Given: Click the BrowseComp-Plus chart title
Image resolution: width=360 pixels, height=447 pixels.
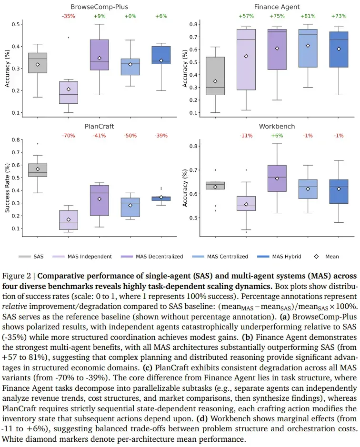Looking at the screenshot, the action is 99,7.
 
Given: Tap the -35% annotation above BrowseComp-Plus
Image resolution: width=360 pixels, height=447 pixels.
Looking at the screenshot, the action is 69,16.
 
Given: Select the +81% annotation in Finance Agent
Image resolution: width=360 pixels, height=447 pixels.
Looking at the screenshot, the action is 308,16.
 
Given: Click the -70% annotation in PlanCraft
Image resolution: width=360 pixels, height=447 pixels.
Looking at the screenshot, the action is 69,136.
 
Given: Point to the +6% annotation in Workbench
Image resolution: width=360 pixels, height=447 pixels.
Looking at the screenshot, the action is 277,136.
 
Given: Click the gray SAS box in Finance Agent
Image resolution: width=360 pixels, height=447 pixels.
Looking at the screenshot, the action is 215,76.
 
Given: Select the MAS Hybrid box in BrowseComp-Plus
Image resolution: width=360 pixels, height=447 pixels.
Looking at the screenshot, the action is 161,55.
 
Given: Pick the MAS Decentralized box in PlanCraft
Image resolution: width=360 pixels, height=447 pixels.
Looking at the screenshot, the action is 99,200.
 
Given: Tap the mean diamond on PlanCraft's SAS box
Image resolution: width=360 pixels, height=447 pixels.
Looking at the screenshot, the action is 38,169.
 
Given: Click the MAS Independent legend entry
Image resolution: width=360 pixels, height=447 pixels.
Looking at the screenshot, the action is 82,257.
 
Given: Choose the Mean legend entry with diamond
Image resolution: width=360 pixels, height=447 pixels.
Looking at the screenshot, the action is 326,257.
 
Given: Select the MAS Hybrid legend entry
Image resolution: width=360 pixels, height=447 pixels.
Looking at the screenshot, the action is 279,257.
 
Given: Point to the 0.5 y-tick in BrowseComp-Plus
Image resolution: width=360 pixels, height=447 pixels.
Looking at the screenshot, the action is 16,24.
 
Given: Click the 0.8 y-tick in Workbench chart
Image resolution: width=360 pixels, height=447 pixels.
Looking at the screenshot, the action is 193,146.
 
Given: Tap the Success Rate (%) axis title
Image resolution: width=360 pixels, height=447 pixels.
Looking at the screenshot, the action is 7,188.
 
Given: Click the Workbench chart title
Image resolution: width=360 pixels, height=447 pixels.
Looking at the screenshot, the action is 277,126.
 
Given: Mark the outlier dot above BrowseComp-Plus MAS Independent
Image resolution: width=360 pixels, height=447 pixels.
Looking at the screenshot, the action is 69,37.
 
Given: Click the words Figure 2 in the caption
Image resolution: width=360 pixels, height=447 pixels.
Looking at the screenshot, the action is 16,276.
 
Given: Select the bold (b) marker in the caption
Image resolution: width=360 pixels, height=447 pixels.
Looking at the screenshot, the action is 247,337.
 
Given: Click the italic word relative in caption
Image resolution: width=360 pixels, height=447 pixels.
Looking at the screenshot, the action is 15,307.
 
